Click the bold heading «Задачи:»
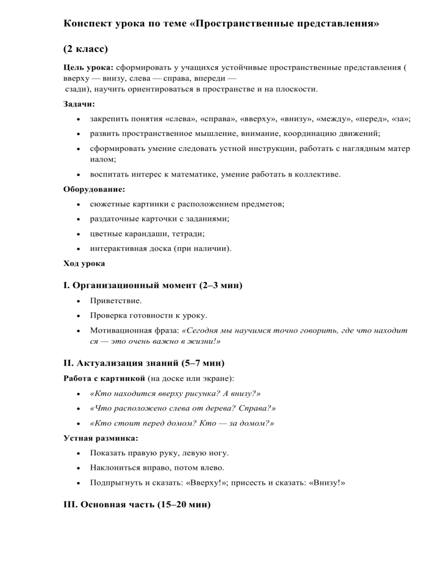coord(79,104)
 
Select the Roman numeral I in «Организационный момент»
coord(65,285)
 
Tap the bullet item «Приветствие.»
coord(115,301)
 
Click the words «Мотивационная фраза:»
coord(134,331)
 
